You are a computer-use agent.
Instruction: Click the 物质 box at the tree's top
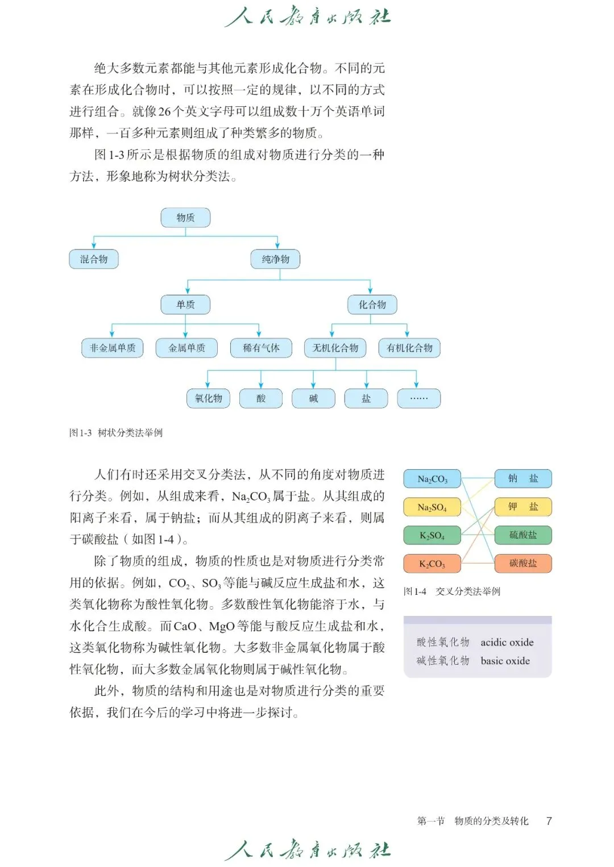[x=185, y=218]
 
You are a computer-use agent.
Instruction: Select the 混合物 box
[x=94, y=259]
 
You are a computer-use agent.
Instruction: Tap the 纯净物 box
[x=276, y=259]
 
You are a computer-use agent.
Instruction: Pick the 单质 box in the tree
[x=185, y=305]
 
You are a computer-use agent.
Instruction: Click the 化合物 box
[x=372, y=305]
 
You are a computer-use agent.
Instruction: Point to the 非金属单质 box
[x=113, y=348]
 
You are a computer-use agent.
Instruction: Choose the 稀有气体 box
[x=261, y=348]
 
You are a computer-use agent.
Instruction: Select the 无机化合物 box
[x=335, y=348]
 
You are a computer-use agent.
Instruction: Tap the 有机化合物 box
[x=409, y=348]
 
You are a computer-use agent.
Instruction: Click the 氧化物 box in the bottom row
[x=208, y=398]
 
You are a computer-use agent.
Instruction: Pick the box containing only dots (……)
[x=419, y=398]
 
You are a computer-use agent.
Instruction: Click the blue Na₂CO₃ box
[x=432, y=479]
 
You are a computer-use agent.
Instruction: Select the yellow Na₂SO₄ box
[x=432, y=507]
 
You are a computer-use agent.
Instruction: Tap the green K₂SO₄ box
[x=432, y=535]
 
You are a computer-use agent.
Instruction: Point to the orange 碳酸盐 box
[x=523, y=563]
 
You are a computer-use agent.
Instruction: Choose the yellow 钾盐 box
[x=523, y=507]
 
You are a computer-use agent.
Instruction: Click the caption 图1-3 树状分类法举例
[x=116, y=432]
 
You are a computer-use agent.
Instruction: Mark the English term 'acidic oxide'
[x=507, y=642]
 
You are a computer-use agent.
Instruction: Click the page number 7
[x=549, y=820]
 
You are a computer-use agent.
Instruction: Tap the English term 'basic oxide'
[x=505, y=661]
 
